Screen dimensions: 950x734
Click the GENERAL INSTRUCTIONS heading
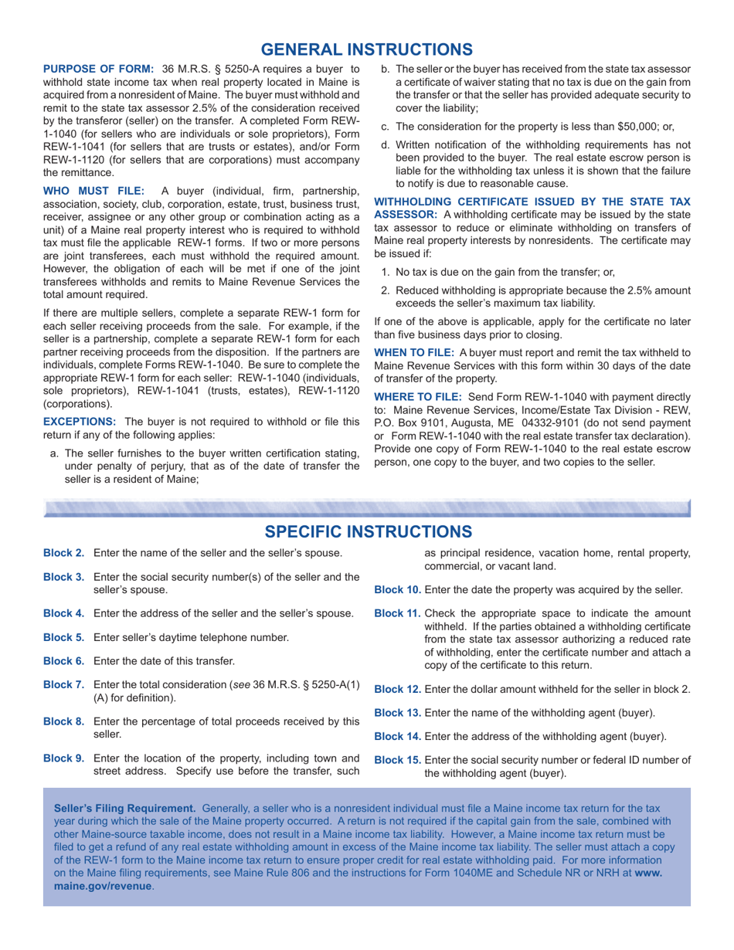coord(367,49)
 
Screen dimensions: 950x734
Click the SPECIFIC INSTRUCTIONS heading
coord(367,531)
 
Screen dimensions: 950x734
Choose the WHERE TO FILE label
coord(418,396)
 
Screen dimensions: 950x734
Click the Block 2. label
coord(63,553)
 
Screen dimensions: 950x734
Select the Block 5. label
coord(63,638)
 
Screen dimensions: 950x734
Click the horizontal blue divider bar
coord(367,507)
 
